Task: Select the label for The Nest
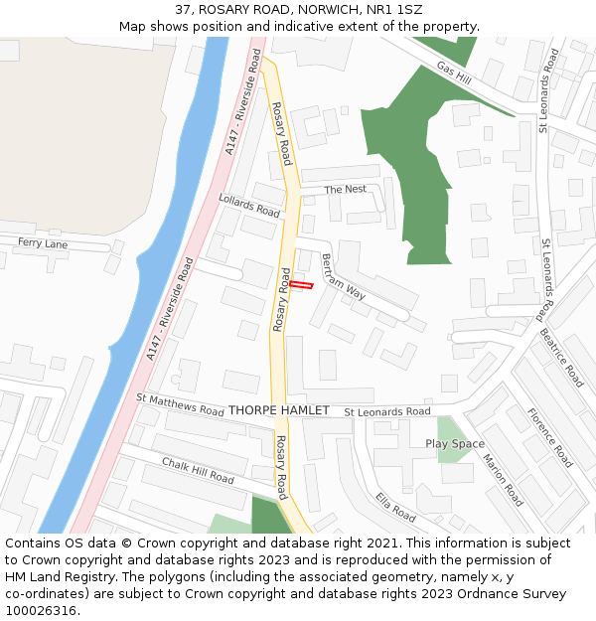345,189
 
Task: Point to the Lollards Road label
249,206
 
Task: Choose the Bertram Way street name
343,277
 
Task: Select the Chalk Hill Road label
198,471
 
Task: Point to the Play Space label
455,443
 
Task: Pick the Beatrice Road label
561,358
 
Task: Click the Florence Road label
548,437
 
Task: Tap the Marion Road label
503,479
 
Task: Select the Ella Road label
395,506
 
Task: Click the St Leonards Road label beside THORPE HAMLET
387,411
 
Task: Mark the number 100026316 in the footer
42,610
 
